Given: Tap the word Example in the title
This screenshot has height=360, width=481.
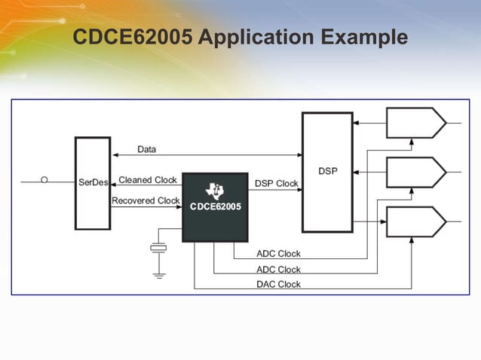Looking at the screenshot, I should click(364, 38).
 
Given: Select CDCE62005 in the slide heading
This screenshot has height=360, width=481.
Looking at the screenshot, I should click(133, 38).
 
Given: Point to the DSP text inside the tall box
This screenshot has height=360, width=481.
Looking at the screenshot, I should click(327, 171).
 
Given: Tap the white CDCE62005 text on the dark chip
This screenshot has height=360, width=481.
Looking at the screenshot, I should click(215, 206).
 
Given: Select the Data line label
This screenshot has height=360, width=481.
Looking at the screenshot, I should click(147, 149).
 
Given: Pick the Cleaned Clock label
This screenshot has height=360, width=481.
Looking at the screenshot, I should click(148, 180).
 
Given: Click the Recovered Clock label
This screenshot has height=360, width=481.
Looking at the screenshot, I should click(146, 200).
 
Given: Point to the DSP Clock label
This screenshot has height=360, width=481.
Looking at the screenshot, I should click(276, 183).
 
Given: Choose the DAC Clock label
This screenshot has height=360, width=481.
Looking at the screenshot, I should click(278, 284).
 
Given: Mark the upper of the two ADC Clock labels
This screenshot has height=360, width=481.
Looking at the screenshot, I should click(278, 254).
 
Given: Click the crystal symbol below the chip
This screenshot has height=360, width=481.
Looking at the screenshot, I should click(159, 248).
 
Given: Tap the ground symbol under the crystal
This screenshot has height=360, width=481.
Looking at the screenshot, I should click(159, 275).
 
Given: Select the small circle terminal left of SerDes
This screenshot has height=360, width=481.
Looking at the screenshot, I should click(44, 180).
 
